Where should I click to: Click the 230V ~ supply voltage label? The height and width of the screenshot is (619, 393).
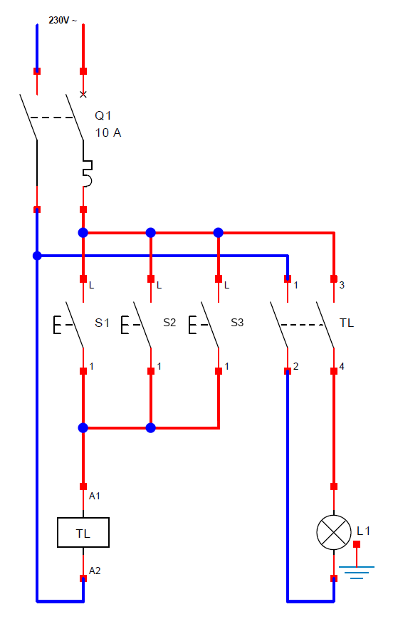pyautogui.click(x=63, y=20)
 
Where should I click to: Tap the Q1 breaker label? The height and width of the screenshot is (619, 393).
pyautogui.click(x=103, y=115)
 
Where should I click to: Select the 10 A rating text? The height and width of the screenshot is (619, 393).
pyautogui.click(x=108, y=133)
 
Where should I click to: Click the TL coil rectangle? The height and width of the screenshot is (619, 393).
pyautogui.click(x=83, y=533)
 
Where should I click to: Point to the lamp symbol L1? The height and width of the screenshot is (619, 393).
pyautogui.click(x=334, y=532)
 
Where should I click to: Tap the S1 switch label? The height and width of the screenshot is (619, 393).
pyautogui.click(x=102, y=323)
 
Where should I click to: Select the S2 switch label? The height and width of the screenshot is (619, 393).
pyautogui.click(x=169, y=323)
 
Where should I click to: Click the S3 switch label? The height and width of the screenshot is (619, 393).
pyautogui.click(x=237, y=323)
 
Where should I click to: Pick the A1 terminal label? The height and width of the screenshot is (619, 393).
pyautogui.click(x=95, y=496)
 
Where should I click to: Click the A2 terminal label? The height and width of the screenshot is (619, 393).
pyautogui.click(x=95, y=571)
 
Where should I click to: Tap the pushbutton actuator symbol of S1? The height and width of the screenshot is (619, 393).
pyautogui.click(x=63, y=325)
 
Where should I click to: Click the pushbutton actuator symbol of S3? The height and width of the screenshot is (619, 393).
pyautogui.click(x=198, y=325)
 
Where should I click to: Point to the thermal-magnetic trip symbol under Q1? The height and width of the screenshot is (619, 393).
pyautogui.click(x=87, y=173)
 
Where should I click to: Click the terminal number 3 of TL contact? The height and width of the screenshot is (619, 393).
pyautogui.click(x=342, y=285)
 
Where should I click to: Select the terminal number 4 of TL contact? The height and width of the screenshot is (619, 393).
pyautogui.click(x=342, y=366)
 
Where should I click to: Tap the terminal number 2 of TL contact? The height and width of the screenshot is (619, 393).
pyautogui.click(x=296, y=366)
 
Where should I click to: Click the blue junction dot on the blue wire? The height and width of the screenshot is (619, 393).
pyautogui.click(x=37, y=256)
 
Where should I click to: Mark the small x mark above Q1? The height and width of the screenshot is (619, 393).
pyautogui.click(x=83, y=94)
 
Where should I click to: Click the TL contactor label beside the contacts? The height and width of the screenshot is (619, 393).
pyautogui.click(x=347, y=323)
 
